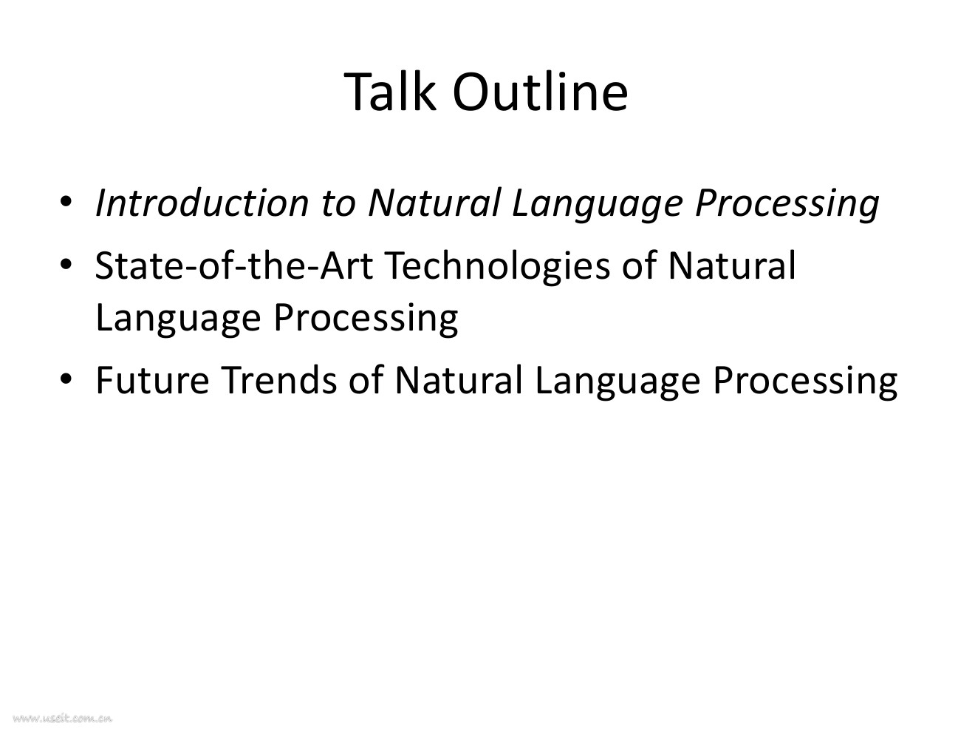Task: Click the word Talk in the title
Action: pos(389,92)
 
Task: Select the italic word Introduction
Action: pos(202,203)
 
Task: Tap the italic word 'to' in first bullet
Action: pos(338,205)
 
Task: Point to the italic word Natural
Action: pos(435,203)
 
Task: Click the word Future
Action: pos(152,380)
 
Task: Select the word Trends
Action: pos(279,380)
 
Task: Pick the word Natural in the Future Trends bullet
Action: pos(459,380)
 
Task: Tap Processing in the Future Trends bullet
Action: pos(805,383)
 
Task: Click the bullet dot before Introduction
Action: pos(66,201)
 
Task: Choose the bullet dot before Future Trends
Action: pos(66,379)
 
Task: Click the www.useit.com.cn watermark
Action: pos(63,718)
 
